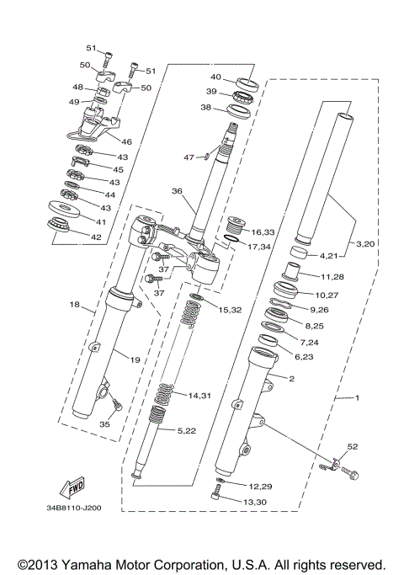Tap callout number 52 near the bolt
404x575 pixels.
(353, 446)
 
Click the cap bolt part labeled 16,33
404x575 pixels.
(237, 226)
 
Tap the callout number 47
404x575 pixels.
(189, 157)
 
